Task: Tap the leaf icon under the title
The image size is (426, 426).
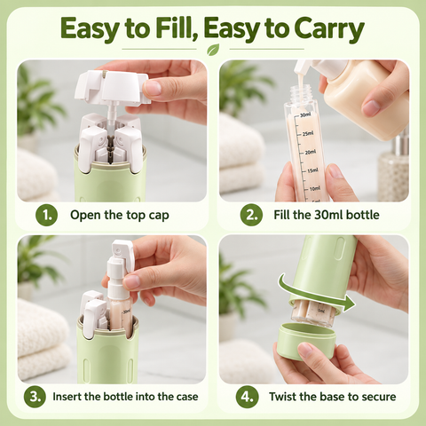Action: tap(213, 50)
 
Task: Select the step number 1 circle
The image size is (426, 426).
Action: tap(46, 215)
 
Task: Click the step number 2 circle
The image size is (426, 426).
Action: tap(251, 215)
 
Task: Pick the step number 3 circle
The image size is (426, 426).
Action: tap(35, 397)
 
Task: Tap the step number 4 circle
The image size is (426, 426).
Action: tap(247, 397)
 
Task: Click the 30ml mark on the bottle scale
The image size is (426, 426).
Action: tap(305, 114)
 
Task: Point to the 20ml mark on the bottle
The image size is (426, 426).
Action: tap(310, 152)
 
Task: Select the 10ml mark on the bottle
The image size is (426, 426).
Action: tap(315, 188)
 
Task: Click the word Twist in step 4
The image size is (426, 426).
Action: tap(282, 397)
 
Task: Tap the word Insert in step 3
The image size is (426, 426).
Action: tap(67, 397)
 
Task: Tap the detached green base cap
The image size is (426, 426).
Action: tap(307, 341)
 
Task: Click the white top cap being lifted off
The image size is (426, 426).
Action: tap(113, 87)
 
